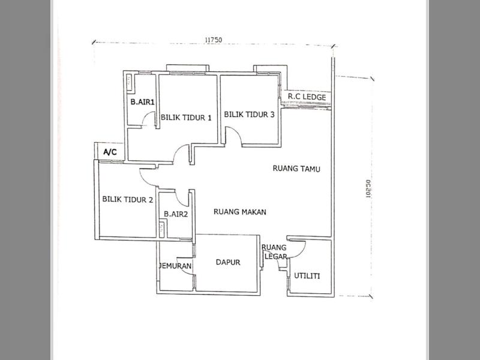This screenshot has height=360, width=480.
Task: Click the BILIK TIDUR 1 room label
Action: (x=186, y=118)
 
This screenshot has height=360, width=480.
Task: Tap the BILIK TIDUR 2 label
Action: (x=127, y=200)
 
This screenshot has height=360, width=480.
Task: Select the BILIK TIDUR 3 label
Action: (x=249, y=115)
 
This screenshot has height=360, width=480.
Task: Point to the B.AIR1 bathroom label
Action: (x=142, y=101)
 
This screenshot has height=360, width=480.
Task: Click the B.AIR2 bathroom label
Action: (x=176, y=214)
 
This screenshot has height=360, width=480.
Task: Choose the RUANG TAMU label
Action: (x=296, y=169)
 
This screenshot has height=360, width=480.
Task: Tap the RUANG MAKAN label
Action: (x=239, y=212)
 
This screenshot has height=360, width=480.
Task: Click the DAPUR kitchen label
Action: (x=228, y=262)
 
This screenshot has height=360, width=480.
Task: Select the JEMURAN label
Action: (x=175, y=266)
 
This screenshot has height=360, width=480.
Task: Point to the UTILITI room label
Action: (x=307, y=276)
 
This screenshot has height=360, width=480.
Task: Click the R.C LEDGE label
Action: (x=307, y=97)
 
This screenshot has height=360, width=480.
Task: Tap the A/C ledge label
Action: (x=110, y=152)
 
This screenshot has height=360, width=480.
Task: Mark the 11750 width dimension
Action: (x=214, y=40)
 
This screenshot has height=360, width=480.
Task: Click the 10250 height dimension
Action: (x=368, y=188)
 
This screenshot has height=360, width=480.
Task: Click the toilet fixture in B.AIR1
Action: (x=129, y=82)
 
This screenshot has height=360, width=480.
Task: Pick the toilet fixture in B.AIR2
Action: (x=162, y=229)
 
